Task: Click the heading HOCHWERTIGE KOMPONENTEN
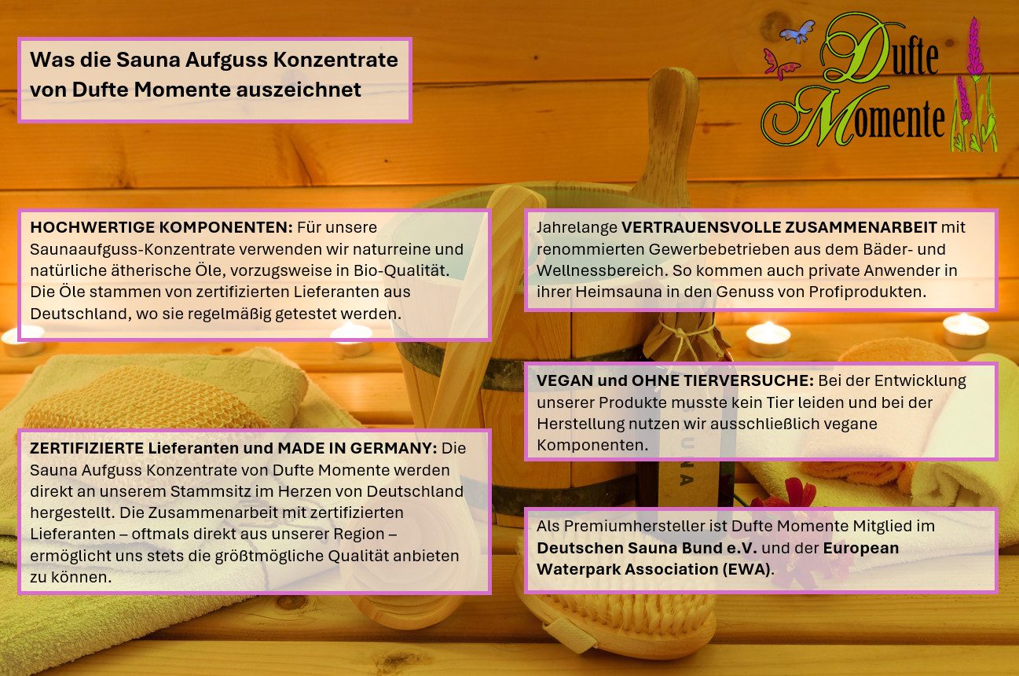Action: (161, 227)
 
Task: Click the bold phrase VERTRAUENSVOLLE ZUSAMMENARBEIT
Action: (779, 227)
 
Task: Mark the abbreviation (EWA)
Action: (745, 570)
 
